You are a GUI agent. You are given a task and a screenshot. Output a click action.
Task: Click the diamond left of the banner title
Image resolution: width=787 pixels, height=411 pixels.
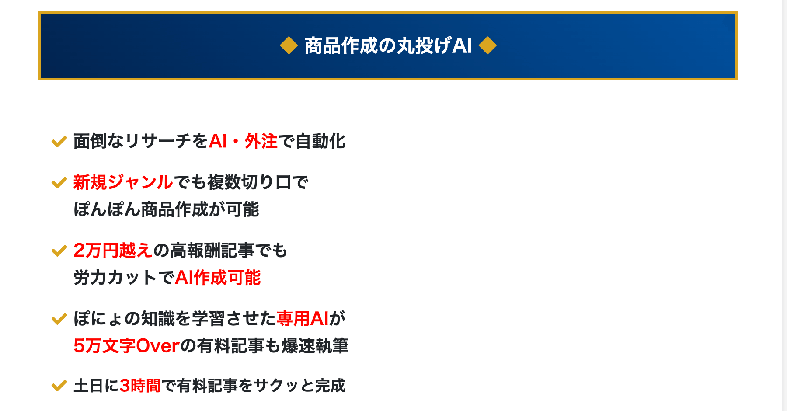289,45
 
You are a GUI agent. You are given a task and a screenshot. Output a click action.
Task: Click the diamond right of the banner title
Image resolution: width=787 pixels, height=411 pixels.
488,45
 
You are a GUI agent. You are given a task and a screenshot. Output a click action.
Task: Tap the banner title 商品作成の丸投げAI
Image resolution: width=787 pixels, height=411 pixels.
388,45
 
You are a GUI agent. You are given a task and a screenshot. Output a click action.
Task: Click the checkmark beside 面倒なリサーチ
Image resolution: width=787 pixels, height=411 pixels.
59,142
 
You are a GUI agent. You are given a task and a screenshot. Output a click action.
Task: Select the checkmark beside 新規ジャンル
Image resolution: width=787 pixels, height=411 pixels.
59,183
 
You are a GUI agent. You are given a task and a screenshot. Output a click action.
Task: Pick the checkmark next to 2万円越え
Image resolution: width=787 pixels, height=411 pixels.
59,251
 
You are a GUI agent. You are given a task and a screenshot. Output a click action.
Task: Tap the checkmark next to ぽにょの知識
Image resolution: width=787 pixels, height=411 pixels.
59,319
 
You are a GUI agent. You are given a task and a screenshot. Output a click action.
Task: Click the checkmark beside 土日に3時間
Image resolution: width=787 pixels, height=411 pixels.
59,386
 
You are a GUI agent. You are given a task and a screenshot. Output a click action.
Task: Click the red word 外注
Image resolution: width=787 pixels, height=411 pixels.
261,141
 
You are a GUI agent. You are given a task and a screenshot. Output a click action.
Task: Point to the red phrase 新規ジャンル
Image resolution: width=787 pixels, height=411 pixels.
123,182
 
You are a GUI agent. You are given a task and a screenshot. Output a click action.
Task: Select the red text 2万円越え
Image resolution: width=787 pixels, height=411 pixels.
113,251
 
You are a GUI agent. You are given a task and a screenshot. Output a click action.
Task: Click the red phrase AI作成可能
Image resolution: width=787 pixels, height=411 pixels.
218,278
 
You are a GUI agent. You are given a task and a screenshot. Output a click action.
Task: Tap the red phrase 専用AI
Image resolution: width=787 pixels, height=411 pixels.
303,319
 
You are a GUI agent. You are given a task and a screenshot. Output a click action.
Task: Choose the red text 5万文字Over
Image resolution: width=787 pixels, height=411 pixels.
127,346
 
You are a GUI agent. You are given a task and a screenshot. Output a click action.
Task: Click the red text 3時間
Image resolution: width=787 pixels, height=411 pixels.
140,386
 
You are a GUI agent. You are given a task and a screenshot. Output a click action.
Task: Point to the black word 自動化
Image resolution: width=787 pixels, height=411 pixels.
320,141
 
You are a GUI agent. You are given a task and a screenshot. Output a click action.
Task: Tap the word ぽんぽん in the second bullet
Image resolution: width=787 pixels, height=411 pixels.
107,209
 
